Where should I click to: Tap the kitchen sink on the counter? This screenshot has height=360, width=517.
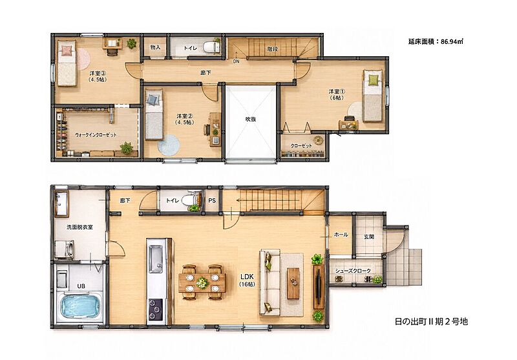(156, 259)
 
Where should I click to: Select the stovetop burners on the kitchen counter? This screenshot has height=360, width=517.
(155, 309)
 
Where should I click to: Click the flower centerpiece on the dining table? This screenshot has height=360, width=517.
(202, 282)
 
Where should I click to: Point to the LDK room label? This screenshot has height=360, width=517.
(247, 281)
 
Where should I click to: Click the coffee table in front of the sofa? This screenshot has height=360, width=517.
(293, 284)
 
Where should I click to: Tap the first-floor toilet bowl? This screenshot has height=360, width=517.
(189, 200)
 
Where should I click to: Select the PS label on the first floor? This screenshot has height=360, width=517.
(212, 200)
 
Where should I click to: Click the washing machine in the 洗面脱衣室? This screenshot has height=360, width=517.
(66, 249)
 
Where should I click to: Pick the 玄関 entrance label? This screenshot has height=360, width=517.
(369, 237)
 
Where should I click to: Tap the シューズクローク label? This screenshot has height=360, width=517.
(353, 271)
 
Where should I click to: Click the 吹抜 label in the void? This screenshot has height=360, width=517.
(251, 120)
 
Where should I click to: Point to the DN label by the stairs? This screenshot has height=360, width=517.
(236, 61)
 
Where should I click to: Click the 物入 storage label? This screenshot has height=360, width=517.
(155, 47)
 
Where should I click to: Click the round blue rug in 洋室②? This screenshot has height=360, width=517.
(169, 145)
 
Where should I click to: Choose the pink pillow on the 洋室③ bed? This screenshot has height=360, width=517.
(67, 50)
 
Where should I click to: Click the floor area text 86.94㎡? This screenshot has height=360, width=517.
(452, 41)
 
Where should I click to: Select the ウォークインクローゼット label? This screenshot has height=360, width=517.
(96, 135)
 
